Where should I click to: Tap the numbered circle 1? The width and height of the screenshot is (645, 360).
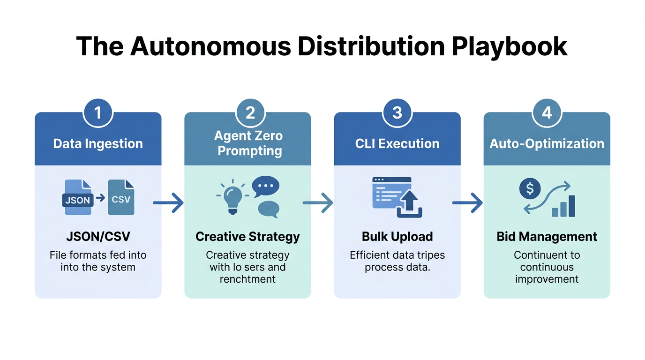click(98, 112)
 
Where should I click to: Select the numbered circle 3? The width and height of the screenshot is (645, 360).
click(397, 112)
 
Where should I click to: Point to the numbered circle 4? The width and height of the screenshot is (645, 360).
click(547, 112)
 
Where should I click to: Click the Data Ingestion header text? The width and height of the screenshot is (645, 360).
click(98, 143)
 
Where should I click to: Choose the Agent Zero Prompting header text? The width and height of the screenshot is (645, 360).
click(248, 143)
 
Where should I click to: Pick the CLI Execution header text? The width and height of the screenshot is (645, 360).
click(397, 143)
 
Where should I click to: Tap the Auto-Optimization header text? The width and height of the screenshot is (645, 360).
click(547, 143)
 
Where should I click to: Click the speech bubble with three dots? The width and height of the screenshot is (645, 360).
click(265, 187)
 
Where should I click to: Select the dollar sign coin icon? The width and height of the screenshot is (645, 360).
click(530, 189)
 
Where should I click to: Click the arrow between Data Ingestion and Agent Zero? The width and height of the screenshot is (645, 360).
click(168, 203)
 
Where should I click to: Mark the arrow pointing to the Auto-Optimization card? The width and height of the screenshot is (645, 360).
click(467, 203)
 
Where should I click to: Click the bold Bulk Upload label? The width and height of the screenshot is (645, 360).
click(397, 236)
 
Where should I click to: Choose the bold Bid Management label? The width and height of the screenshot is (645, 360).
click(547, 236)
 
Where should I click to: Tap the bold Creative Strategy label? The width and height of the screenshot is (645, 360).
click(247, 236)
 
